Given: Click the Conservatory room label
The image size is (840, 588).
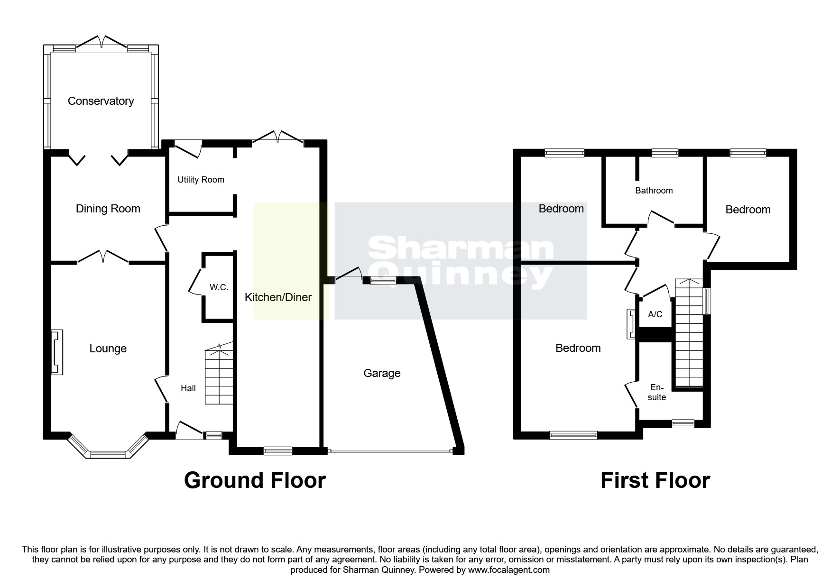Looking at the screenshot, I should coord(101,101).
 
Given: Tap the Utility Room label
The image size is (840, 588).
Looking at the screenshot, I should coord(201,180).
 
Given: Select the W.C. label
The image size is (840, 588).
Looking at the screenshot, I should coord(219,287).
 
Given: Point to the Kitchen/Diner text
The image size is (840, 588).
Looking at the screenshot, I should coord(278,297).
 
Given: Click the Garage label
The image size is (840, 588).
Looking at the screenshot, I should coord(382,373).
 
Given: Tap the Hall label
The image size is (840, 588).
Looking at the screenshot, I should coord(188,388).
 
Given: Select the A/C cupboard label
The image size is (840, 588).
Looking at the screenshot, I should coord(655,314).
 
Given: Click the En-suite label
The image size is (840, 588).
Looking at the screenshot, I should coord(657,393).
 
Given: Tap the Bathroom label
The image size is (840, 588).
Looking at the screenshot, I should coord(654,191).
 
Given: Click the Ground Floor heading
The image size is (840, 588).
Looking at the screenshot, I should coord(255,480).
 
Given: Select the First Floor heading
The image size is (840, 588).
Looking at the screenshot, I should coord(655,480).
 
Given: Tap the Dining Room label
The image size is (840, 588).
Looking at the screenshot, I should coord(108,209).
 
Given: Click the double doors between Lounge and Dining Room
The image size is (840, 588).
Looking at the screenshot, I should coord(103,257).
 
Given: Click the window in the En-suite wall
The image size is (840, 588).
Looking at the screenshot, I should coord(683,423).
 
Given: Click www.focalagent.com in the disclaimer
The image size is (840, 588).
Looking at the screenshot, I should coord(508,570).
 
